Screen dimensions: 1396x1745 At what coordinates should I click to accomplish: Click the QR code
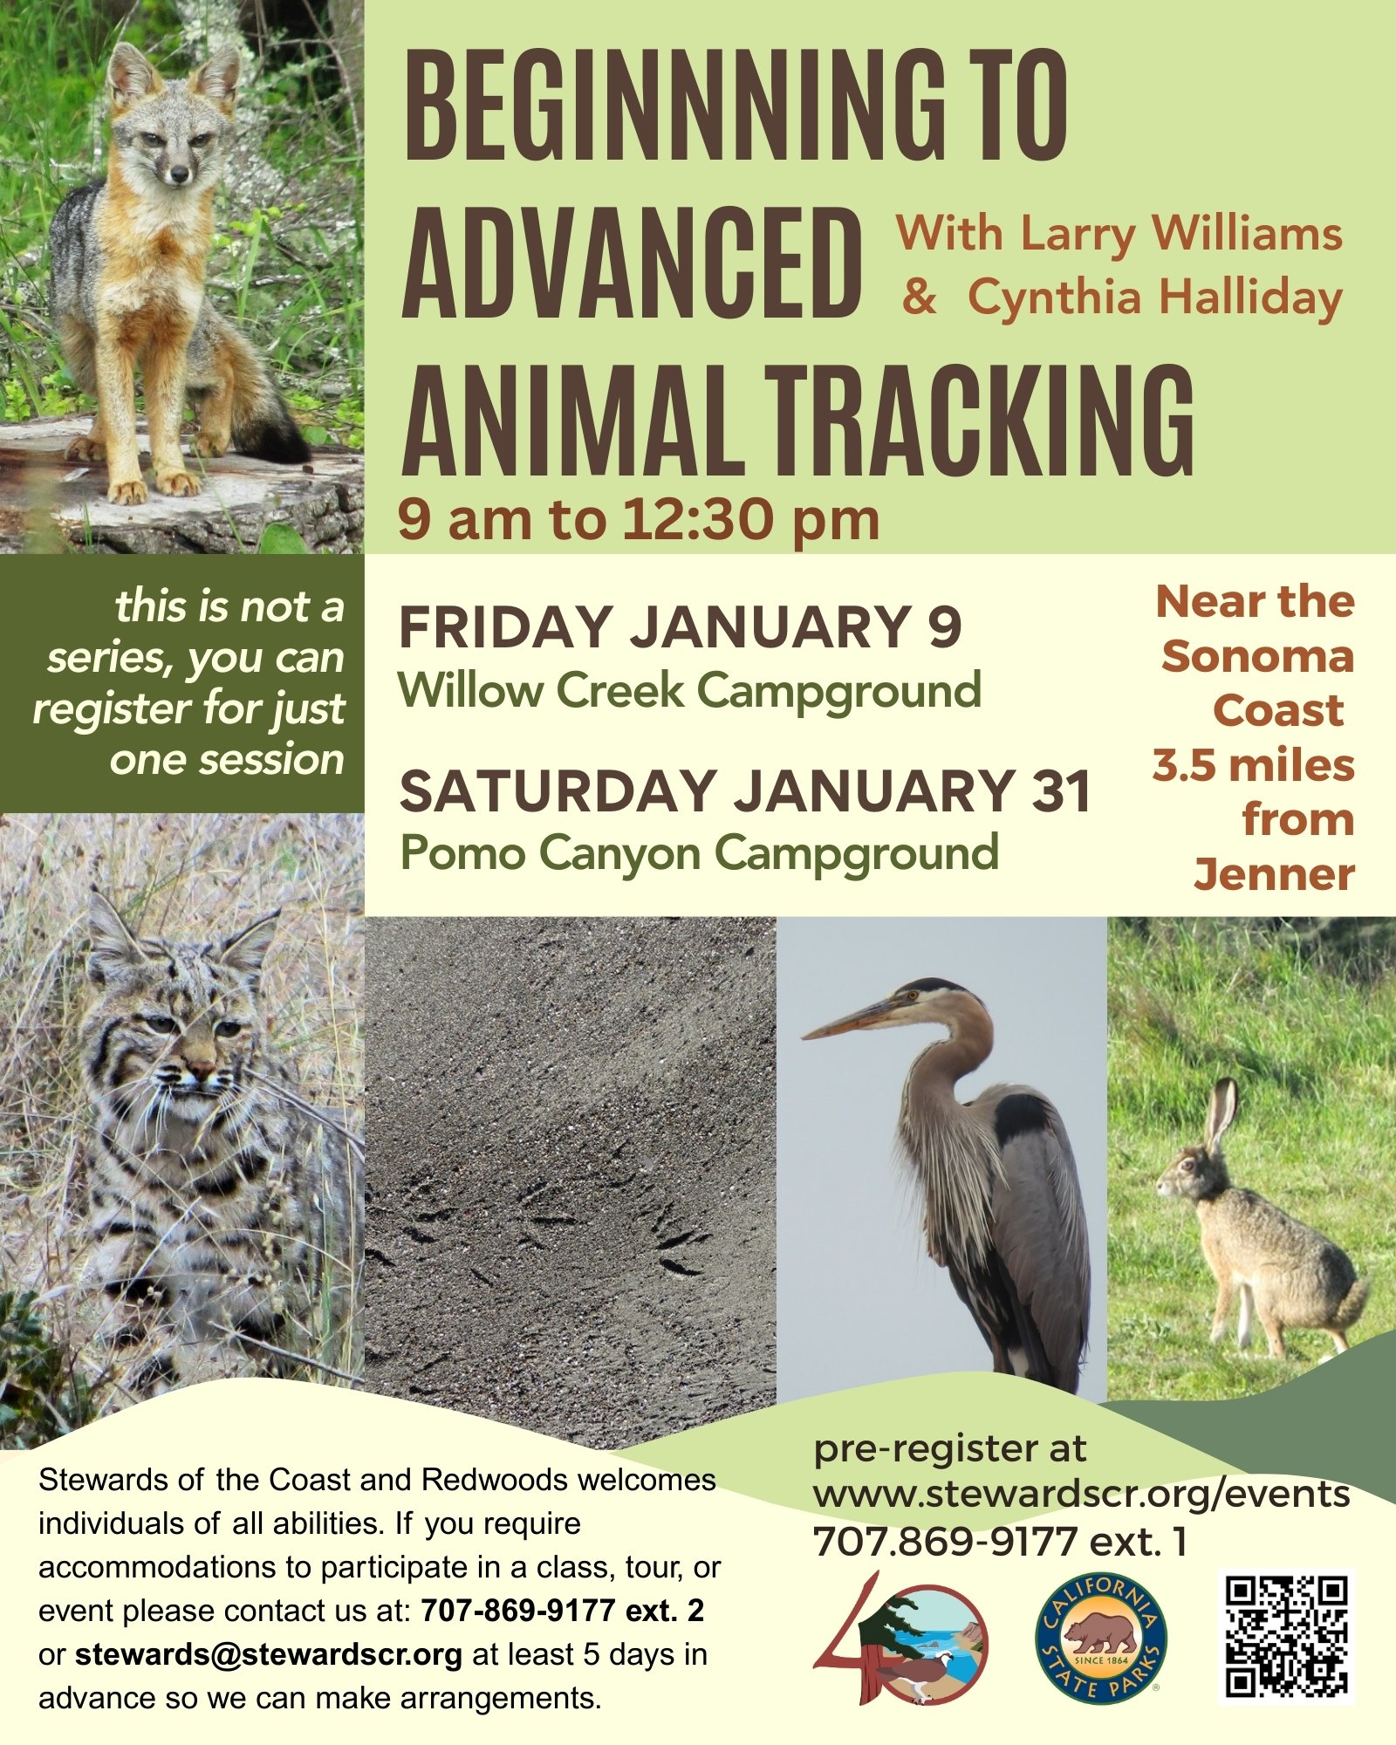pyautogui.click(x=1286, y=1637)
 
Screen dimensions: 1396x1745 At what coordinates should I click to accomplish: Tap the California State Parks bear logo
pyautogui.click(x=1100, y=1639)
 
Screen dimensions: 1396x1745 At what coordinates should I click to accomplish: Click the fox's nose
pyautogui.click(x=179, y=175)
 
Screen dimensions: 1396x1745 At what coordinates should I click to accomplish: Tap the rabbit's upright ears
pyautogui.click(x=1221, y=1115)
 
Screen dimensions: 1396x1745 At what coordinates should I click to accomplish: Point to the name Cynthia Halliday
pyautogui.click(x=1155, y=298)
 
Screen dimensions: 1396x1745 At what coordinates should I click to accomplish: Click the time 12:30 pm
pyautogui.click(x=749, y=519)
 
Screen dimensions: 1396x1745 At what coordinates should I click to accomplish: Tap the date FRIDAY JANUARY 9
pyautogui.click(x=681, y=626)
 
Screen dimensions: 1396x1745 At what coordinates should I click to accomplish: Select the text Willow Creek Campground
pyautogui.click(x=690, y=691)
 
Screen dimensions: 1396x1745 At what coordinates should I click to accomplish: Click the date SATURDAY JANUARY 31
pyautogui.click(x=745, y=790)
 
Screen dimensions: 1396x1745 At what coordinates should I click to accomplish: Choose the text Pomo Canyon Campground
pyautogui.click(x=699, y=853)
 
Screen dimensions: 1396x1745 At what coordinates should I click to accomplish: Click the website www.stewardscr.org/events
pyautogui.click(x=1082, y=1494)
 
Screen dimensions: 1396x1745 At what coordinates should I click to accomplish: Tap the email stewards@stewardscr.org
pyautogui.click(x=268, y=1654)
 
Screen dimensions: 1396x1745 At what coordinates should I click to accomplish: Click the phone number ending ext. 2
pyautogui.click(x=562, y=1610)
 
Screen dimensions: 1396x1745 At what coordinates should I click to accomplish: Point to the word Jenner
pyautogui.click(x=1275, y=874)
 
